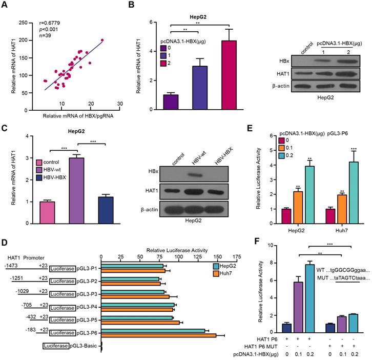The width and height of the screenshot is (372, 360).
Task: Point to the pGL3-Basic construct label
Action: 90,347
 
